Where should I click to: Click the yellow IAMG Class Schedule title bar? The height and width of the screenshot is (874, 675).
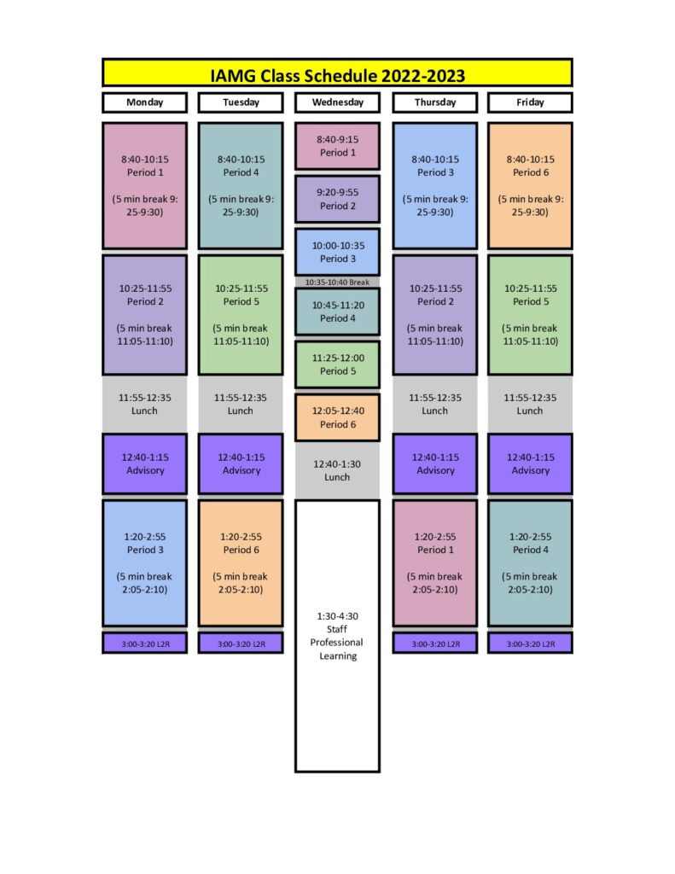[337, 73]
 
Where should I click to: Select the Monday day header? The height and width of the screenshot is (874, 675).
[144, 102]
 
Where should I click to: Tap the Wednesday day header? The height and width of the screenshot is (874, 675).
[337, 102]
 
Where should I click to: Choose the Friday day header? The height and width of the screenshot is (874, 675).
[530, 102]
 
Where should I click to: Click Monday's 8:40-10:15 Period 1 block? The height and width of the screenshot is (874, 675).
[144, 185]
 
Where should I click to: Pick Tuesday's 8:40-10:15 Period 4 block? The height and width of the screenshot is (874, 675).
[241, 185]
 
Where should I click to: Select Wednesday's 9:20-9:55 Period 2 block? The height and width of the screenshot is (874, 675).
[337, 199]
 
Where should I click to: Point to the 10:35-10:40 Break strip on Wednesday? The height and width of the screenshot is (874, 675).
[337, 282]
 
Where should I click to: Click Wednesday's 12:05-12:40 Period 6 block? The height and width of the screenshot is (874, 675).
[337, 417]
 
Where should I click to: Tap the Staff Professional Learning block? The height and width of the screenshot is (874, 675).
[337, 636]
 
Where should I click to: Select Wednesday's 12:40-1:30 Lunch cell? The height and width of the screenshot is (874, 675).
[337, 470]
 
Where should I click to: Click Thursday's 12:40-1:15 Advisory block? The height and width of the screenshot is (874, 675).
[434, 463]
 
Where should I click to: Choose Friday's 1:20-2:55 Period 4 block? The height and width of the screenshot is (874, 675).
[530, 563]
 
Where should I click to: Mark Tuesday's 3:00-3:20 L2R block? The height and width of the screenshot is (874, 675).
[241, 643]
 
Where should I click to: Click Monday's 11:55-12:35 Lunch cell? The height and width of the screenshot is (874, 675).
[144, 404]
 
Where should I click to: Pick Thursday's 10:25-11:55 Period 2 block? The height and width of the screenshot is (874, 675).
[434, 315]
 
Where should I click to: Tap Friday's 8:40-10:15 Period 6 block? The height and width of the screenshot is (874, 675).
[530, 185]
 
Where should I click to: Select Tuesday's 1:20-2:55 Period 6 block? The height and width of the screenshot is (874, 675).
[241, 563]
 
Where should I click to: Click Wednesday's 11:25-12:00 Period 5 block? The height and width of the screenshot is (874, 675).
[337, 364]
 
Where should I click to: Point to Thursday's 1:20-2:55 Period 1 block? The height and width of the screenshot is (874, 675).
[434, 563]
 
